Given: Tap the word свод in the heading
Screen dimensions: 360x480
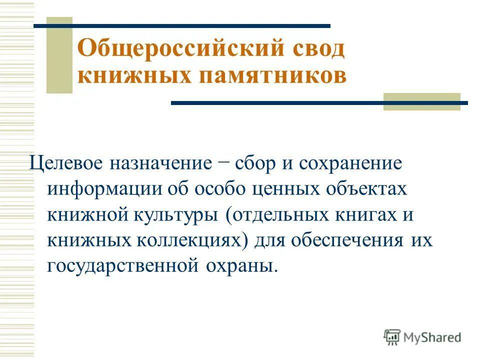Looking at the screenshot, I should (x=317, y=50).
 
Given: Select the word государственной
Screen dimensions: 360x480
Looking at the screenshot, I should (x=122, y=265).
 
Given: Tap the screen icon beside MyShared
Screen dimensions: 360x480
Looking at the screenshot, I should (x=392, y=337).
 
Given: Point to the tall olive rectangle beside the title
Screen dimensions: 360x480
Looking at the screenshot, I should (x=59, y=55).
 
